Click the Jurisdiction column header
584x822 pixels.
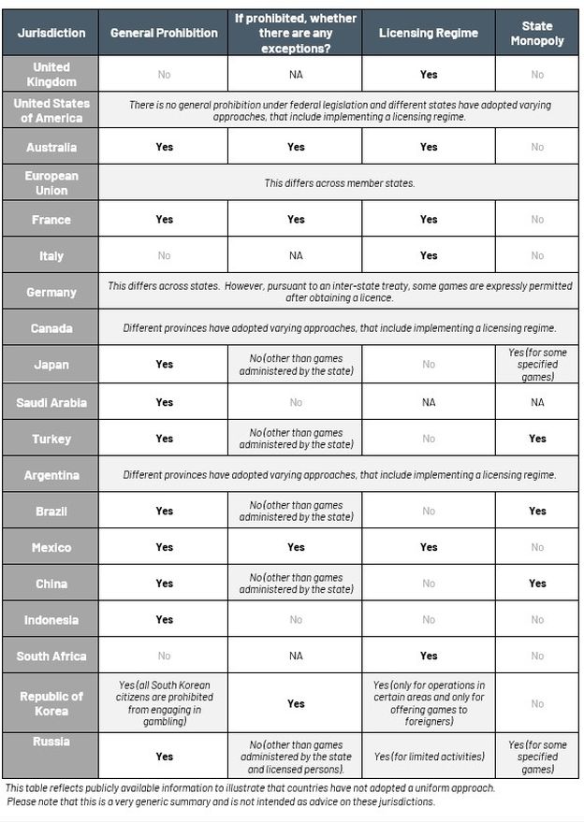tap(51, 33)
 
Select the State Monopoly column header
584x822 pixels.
tap(536, 33)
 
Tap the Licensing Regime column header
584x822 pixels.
tap(428, 33)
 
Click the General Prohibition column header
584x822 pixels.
tap(164, 33)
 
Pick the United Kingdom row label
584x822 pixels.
tap(51, 75)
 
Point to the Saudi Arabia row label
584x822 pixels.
tap(51, 402)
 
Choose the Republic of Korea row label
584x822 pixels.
tap(51, 703)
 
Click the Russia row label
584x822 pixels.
tap(51, 742)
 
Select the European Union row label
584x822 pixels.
tap(51, 183)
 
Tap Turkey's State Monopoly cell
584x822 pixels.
tap(536, 439)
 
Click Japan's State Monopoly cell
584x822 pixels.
tap(536, 365)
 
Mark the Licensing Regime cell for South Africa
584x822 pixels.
tap(428, 656)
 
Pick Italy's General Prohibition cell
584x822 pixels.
tap(164, 255)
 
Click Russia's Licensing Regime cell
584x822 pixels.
tap(428, 757)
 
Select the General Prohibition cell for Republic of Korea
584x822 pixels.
tap(164, 703)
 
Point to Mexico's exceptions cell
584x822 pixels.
tap(296, 547)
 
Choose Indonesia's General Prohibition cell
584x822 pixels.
tap(164, 619)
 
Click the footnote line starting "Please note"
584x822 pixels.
tap(221, 802)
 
